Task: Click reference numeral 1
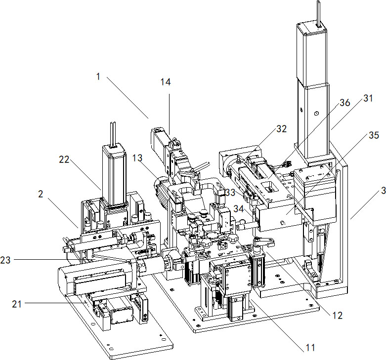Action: click(99, 78)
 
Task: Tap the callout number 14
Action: click(166, 82)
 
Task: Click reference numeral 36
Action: click(344, 103)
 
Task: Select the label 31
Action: click(368, 98)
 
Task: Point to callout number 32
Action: click(281, 129)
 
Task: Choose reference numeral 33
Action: click(230, 191)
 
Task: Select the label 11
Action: click(310, 348)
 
